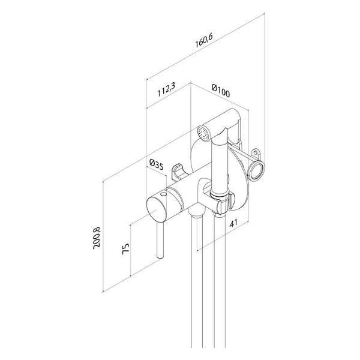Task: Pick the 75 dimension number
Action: pos(125,249)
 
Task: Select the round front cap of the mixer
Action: pos(158,210)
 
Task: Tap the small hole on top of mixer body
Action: pos(163,196)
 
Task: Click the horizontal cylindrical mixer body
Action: pos(180,198)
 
